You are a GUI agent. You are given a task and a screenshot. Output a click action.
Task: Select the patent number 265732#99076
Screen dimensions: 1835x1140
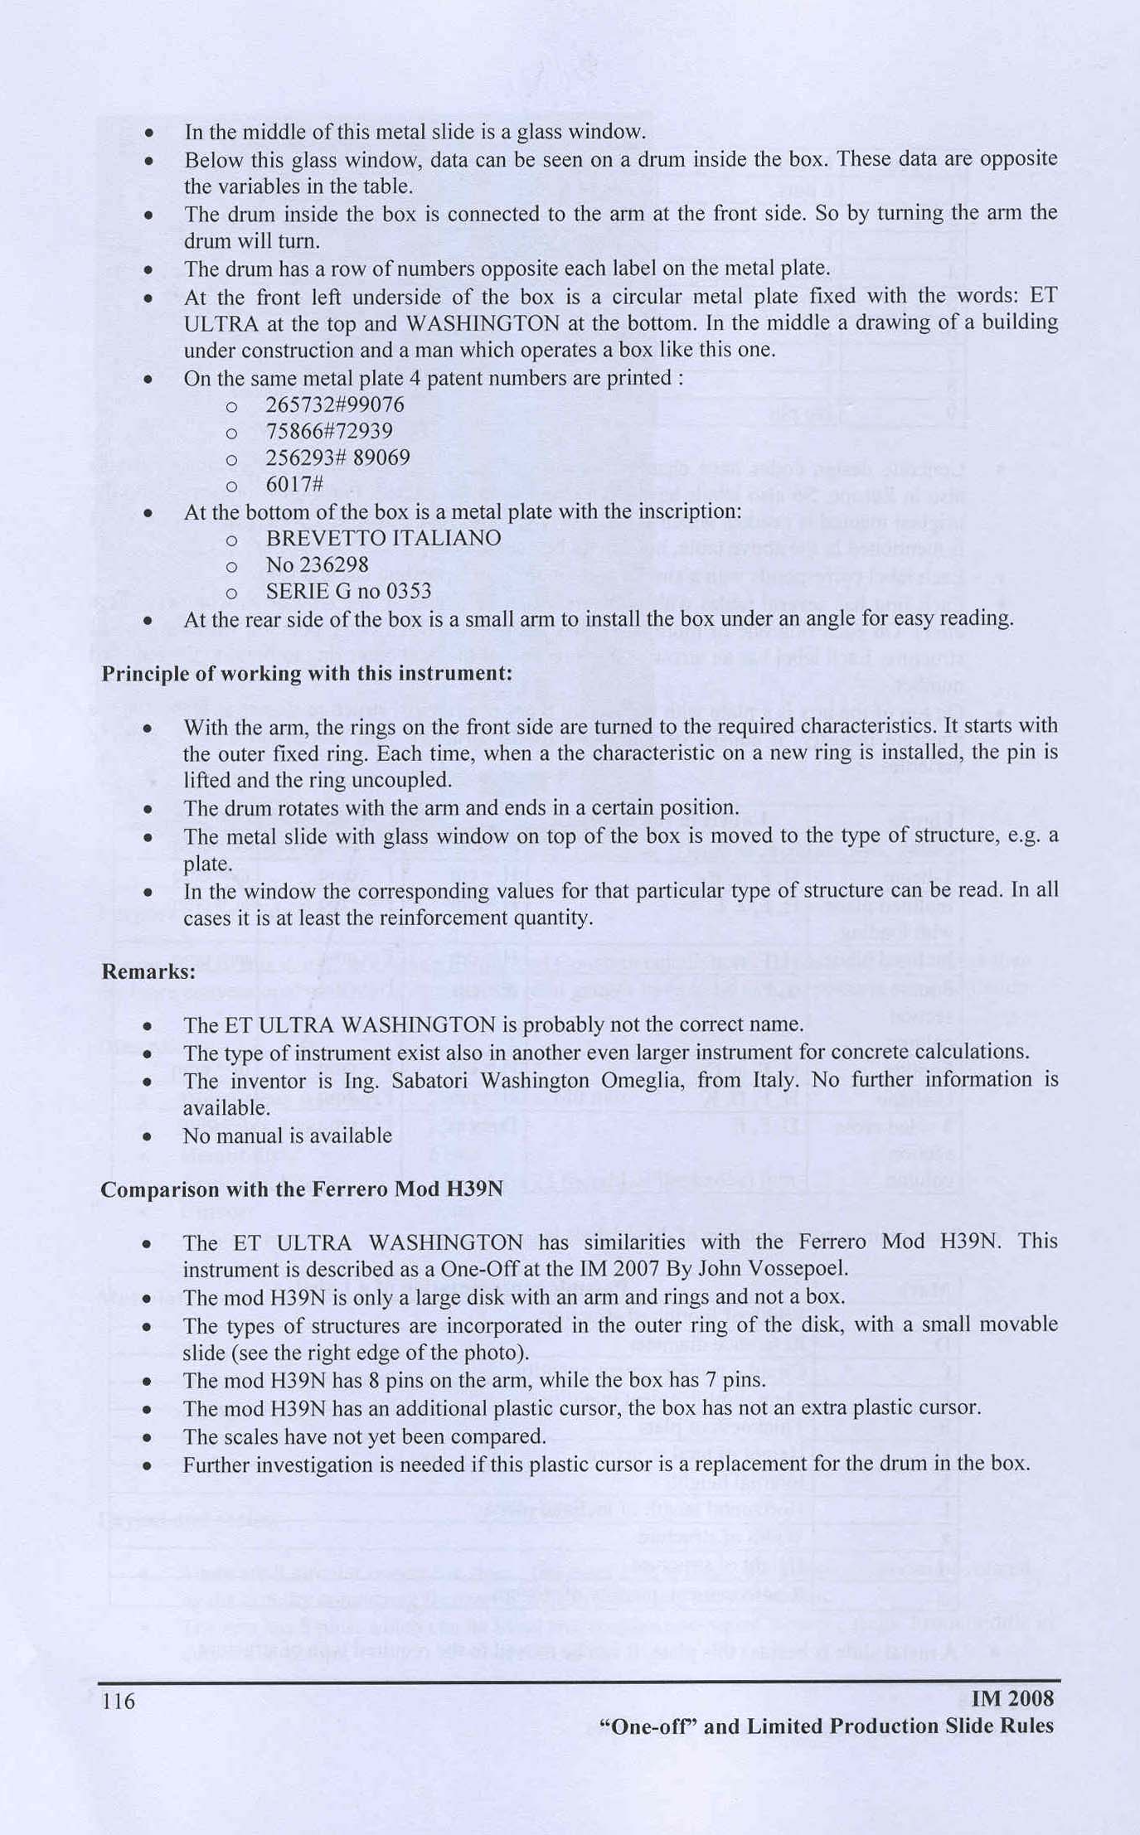pyautogui.click(x=334, y=405)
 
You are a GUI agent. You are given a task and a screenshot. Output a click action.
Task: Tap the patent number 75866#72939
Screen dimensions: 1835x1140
pyautogui.click(x=329, y=432)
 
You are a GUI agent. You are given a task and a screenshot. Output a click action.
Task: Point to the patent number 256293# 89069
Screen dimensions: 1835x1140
pyautogui.click(x=337, y=458)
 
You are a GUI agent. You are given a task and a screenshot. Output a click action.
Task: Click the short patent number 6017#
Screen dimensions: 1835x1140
pyautogui.click(x=294, y=485)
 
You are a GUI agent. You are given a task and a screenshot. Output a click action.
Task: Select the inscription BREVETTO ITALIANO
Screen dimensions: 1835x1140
pyautogui.click(x=383, y=538)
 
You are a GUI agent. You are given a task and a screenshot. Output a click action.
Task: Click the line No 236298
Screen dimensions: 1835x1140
pyautogui.click(x=317, y=564)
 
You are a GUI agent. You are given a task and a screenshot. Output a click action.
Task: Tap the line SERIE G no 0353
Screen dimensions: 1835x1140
pyautogui.click(x=348, y=591)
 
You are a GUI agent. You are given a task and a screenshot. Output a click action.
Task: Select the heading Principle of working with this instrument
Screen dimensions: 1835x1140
pyautogui.click(x=307, y=673)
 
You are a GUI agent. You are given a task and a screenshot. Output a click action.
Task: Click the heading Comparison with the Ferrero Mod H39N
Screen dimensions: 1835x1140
pyautogui.click(x=302, y=1189)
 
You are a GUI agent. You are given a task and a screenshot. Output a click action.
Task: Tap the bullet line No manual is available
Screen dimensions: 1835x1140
pyautogui.click(x=288, y=1135)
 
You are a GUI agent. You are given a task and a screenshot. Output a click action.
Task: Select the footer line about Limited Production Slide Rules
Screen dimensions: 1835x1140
pyautogui.click(x=826, y=1726)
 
